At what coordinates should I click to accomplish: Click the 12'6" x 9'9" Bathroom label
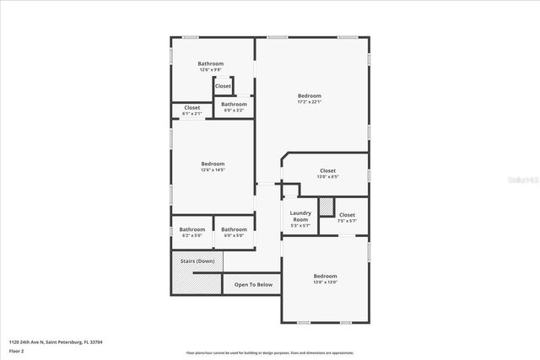tap(211, 69)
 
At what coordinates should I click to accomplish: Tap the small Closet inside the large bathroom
tap(223, 86)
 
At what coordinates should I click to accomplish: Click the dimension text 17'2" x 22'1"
tap(310, 102)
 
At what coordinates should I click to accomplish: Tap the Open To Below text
tap(253, 285)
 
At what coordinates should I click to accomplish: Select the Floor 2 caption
tap(17, 350)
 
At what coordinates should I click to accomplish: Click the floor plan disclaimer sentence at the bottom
tap(269, 352)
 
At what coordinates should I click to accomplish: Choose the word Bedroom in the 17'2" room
tap(310, 96)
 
